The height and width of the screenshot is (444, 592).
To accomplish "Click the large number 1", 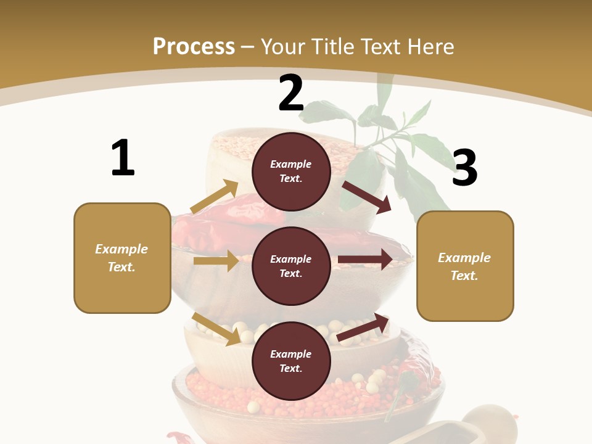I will tap(123, 158).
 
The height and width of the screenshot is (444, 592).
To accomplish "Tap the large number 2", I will tap(291, 93).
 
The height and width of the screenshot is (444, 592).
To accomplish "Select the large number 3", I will tap(464, 168).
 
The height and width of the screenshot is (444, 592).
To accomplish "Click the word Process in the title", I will tap(194, 46).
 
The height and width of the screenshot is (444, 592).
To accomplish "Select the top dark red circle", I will tap(291, 171).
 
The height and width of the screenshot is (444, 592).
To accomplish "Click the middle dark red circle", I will tap(291, 266).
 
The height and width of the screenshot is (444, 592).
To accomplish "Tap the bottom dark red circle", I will tap(291, 361).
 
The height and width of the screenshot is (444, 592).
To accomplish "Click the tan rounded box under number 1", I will tap(122, 258).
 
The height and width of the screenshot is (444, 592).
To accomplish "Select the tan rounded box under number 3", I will tap(465, 266).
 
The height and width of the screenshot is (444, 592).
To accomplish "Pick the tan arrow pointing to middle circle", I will tap(216, 261).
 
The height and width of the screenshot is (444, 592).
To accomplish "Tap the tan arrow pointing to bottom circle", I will tap(216, 329).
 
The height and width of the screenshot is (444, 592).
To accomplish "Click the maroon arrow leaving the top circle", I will tap(367, 197).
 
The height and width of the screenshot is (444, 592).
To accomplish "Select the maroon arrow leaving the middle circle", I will tap(365, 260).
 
